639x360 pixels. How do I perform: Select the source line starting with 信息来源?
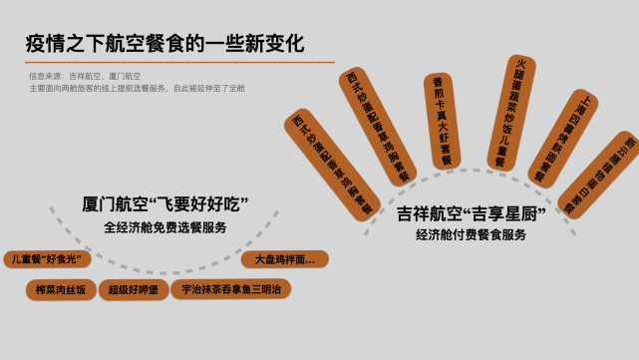point(85,76)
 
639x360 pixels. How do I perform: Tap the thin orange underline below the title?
point(179,62)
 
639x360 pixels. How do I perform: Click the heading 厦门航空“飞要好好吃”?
point(164,203)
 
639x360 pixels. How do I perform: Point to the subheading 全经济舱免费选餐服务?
point(164,226)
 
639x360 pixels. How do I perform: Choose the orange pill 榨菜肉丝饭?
point(61,289)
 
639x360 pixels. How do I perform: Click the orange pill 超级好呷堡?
point(134,289)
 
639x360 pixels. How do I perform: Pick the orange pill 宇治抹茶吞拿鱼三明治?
point(231,289)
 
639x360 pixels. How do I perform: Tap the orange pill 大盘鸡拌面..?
point(284,259)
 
